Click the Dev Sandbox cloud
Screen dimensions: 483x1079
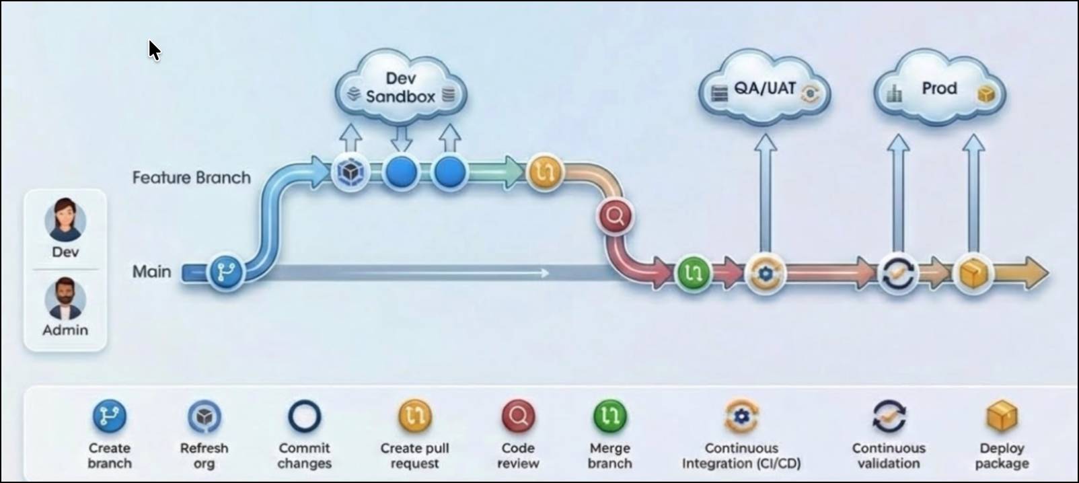[x=401, y=87]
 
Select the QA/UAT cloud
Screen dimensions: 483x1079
[x=765, y=89]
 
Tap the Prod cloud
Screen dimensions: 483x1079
[x=939, y=89]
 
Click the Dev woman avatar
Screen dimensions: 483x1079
[x=65, y=220]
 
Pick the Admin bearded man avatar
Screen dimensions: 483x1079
[x=65, y=299]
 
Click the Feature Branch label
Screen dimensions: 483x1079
[x=191, y=178]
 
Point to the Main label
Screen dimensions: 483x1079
[x=151, y=272]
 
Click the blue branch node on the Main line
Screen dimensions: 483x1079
[x=226, y=272]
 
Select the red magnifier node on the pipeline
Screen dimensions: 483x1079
[x=615, y=217]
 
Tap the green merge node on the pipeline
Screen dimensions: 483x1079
[x=693, y=272]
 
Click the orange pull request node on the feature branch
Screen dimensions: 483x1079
[x=544, y=172]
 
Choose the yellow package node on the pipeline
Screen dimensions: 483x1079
[x=973, y=273]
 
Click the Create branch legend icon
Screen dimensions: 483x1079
[x=110, y=416]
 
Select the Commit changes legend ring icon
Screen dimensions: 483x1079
[x=304, y=416]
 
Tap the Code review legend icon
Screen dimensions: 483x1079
[x=518, y=416]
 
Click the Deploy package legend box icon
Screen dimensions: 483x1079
[x=1002, y=416]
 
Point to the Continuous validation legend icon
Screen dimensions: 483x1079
[x=889, y=416]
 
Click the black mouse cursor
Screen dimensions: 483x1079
[x=154, y=50]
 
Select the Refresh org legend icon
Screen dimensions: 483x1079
[x=204, y=416]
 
